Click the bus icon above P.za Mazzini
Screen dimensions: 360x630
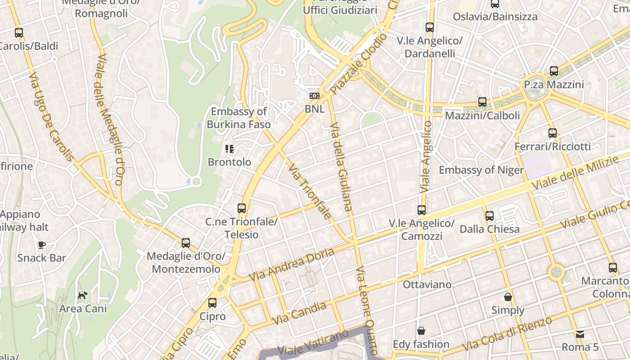tap(553, 71)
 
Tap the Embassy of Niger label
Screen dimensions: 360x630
tap(481, 170)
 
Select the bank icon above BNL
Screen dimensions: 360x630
tap(314, 96)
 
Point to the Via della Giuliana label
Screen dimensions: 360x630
tap(341, 166)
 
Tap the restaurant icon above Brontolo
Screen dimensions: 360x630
tap(229, 148)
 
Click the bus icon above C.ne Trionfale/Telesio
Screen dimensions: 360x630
tap(242, 208)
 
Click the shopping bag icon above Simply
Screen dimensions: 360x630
tap(508, 297)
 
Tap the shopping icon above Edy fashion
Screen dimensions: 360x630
tap(421, 331)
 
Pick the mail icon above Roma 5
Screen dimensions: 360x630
tap(580, 334)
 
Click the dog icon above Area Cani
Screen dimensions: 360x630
tap(83, 296)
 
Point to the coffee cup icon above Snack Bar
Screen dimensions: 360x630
tap(41, 245)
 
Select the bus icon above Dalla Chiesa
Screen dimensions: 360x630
tap(489, 216)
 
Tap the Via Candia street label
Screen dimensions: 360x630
tap(299, 313)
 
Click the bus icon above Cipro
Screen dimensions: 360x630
tap(212, 303)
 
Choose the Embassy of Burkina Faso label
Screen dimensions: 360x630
tap(238, 118)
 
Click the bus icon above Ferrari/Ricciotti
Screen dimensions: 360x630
tap(553, 133)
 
